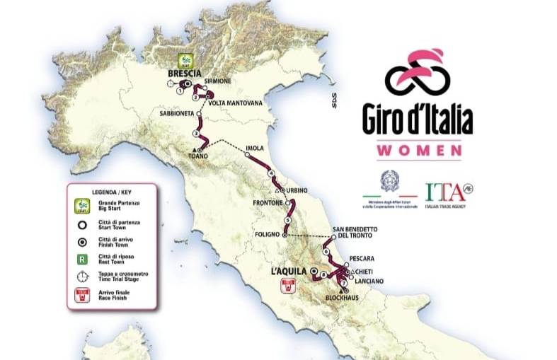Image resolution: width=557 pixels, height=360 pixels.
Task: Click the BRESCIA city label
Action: click(x=184, y=73)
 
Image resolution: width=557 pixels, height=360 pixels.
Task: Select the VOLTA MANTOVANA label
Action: click(x=235, y=103)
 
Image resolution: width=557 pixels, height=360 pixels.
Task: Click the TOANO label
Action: click(x=198, y=156)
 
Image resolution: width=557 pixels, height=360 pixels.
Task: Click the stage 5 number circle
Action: click(x=287, y=221)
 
